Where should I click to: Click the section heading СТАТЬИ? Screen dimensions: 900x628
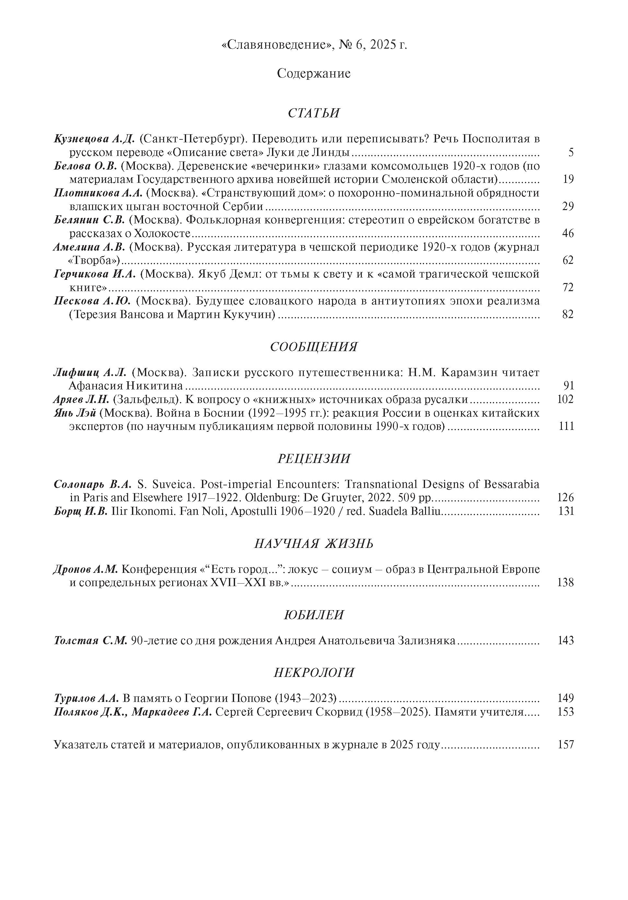point(314,113)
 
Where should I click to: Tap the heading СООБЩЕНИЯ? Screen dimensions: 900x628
point(314,347)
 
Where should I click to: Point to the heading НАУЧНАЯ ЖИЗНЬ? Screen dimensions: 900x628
point(314,543)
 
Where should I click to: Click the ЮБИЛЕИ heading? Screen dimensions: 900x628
point(314,615)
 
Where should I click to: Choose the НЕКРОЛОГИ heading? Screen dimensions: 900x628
point(314,672)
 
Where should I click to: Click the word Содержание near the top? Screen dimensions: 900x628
point(314,73)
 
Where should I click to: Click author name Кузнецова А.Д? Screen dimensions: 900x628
point(94,139)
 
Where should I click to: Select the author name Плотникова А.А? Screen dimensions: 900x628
point(98,193)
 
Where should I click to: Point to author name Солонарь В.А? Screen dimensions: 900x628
point(94,484)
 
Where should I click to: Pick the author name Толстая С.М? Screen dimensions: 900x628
point(90,641)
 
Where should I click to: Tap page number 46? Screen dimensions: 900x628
point(568,234)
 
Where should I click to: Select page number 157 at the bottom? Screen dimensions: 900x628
point(565,744)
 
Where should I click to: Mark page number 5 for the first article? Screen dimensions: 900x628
point(571,152)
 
